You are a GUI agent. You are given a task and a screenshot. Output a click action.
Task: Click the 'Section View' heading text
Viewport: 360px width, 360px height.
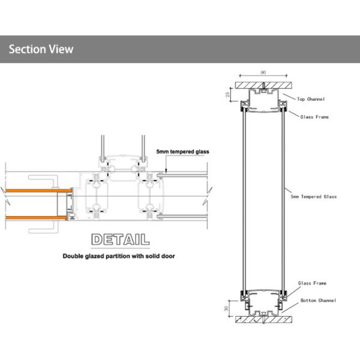(41, 49)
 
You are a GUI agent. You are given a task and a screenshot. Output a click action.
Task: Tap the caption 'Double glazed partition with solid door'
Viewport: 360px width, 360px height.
(119, 256)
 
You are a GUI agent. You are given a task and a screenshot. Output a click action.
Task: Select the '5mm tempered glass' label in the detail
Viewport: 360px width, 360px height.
(182, 152)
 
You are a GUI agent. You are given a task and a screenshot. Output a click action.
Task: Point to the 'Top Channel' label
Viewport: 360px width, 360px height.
(311, 98)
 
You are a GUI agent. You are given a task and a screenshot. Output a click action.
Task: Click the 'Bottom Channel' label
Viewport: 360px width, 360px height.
(319, 300)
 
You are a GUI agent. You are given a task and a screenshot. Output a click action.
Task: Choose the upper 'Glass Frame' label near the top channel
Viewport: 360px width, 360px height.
(314, 117)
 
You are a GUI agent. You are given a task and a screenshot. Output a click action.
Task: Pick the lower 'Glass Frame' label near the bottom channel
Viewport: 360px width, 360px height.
(312, 283)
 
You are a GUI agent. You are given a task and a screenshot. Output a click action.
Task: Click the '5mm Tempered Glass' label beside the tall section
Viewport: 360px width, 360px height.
(313, 196)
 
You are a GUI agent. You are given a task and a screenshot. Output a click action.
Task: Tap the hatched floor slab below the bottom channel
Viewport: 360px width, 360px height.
(263, 320)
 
